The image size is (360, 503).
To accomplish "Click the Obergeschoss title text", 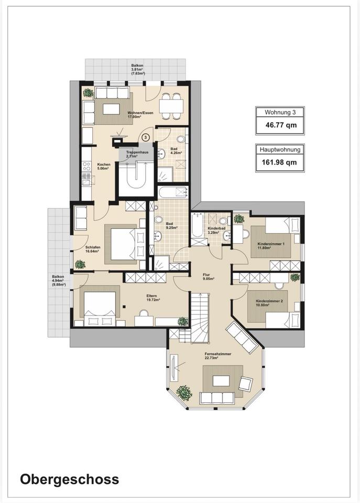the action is (69, 479).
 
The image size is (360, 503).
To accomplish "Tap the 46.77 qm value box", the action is (280, 125).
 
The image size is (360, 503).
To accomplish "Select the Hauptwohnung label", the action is (280, 149).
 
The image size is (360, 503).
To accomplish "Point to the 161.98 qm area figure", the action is (279, 162).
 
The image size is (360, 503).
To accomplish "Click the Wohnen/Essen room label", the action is (140, 113).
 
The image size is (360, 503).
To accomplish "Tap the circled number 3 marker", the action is (146, 137).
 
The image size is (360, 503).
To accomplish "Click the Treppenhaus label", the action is (137, 152).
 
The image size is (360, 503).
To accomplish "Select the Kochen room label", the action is (104, 165).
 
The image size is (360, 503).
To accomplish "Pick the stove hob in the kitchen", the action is (86, 166).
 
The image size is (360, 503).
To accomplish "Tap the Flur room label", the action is (206, 275).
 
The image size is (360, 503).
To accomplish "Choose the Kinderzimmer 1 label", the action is (271, 244).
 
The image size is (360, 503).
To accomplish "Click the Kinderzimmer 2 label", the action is (269, 301).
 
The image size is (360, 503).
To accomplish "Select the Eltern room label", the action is (151, 296).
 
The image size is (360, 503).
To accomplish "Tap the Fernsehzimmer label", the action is (218, 354).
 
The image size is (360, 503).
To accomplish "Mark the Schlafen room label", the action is (93, 247).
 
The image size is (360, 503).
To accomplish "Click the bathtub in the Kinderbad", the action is (197, 225).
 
